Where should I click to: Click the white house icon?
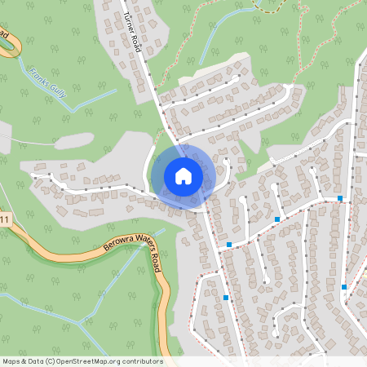tap(183, 175)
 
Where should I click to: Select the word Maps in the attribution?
tap(12, 361)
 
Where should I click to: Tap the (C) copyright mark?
tap(51, 361)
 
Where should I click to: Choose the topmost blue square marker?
tap(340, 198)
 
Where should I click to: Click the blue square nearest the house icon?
tap(229, 244)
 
